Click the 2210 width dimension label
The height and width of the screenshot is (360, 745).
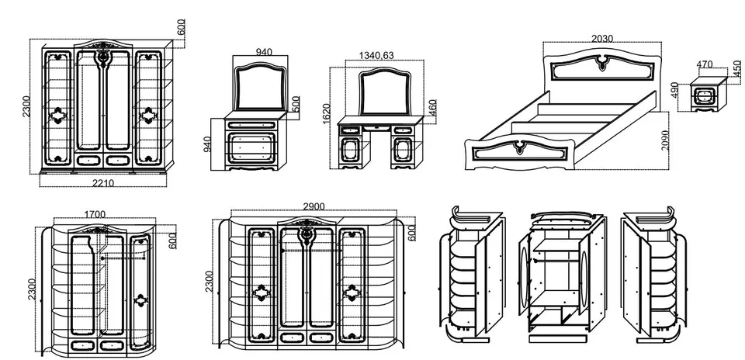[103, 183]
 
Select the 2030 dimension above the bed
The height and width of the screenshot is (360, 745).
[602, 39]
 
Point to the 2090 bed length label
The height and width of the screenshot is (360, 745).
[665, 140]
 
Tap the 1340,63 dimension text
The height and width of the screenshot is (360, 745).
[376, 56]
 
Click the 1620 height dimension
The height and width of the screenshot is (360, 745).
[326, 114]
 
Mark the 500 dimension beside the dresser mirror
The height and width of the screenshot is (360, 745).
[295, 104]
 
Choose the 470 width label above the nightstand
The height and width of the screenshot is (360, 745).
[705, 64]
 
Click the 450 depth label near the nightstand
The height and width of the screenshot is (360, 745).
[737, 68]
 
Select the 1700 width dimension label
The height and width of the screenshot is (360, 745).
[95, 215]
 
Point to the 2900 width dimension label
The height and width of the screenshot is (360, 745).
[314, 206]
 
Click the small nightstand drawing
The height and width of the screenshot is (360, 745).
[709, 95]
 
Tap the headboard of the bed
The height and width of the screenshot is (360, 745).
[602, 67]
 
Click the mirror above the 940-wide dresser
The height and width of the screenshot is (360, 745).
[261, 88]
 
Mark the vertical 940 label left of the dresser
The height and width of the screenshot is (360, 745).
[207, 144]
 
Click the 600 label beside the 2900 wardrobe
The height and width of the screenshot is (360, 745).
[411, 233]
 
